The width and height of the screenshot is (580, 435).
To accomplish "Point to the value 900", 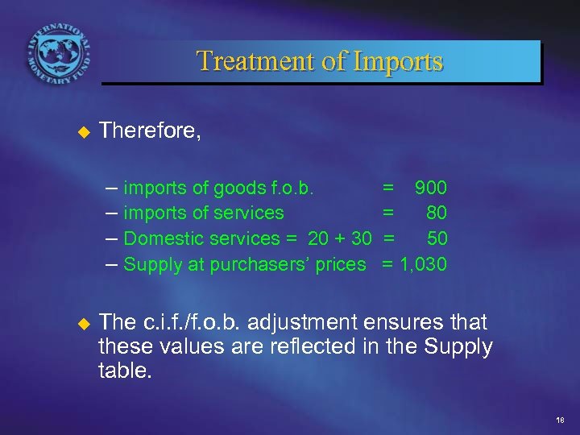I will point(431,188).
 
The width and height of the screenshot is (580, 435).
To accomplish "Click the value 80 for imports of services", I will point(437,213).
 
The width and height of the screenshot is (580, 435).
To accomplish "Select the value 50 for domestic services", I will point(437,238).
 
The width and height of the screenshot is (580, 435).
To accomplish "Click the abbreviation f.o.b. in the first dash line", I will point(288,188).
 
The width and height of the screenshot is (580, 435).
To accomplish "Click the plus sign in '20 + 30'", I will point(341,238).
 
